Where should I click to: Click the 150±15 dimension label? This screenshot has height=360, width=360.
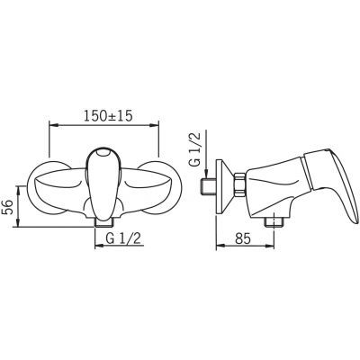pyautogui.click(x=108, y=116)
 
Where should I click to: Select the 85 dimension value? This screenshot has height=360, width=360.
pyautogui.click(x=242, y=239)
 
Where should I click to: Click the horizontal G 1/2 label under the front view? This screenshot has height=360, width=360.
pyautogui.click(x=123, y=238)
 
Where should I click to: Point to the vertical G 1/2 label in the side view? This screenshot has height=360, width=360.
pyautogui.click(x=196, y=150)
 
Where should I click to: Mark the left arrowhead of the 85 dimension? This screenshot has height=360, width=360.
pyautogui.click(x=220, y=246)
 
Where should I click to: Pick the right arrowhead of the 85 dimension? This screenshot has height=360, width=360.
pyautogui.click(x=270, y=246)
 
